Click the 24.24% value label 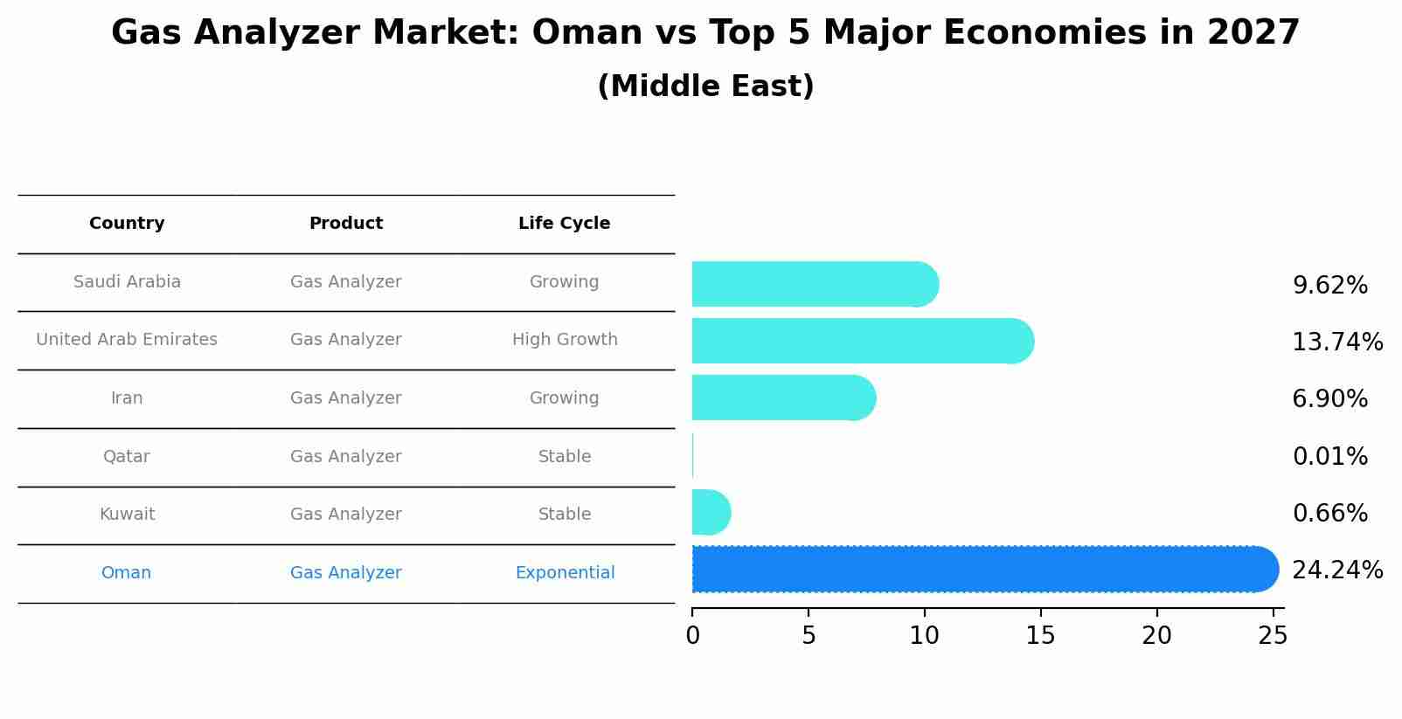pos(1336,570)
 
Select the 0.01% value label pos(1329,456)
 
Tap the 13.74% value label pos(1336,342)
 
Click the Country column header pos(127,224)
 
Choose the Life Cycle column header pos(564,224)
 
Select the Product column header pos(346,224)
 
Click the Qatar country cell pos(127,456)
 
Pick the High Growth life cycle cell pos(565,340)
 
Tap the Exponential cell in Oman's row pos(565,573)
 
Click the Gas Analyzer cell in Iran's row pos(346,398)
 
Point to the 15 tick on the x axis pos(1040,635)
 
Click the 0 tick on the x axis pos(692,635)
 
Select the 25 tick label pos(1273,635)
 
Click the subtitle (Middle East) pos(705,86)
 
